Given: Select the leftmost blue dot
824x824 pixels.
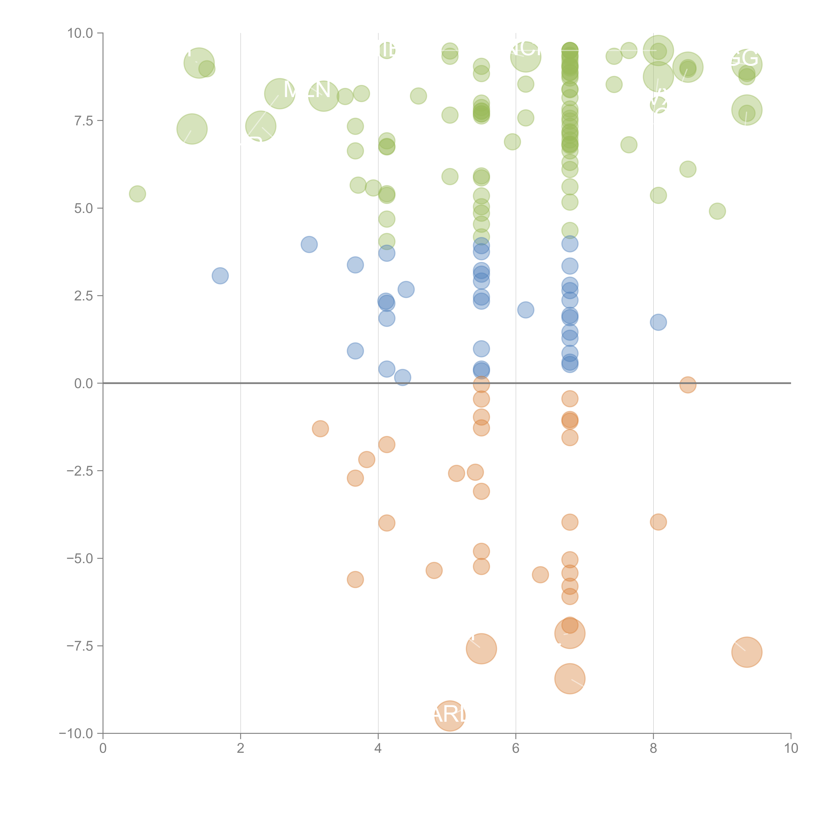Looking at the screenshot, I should (220, 276).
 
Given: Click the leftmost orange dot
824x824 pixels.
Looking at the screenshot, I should (320, 429).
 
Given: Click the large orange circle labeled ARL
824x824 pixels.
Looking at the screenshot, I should (450, 715).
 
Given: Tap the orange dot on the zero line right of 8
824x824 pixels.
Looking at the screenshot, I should (688, 385).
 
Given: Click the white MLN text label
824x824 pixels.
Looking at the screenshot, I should (307, 90).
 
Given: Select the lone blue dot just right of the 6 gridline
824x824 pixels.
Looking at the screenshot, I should (525, 310).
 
